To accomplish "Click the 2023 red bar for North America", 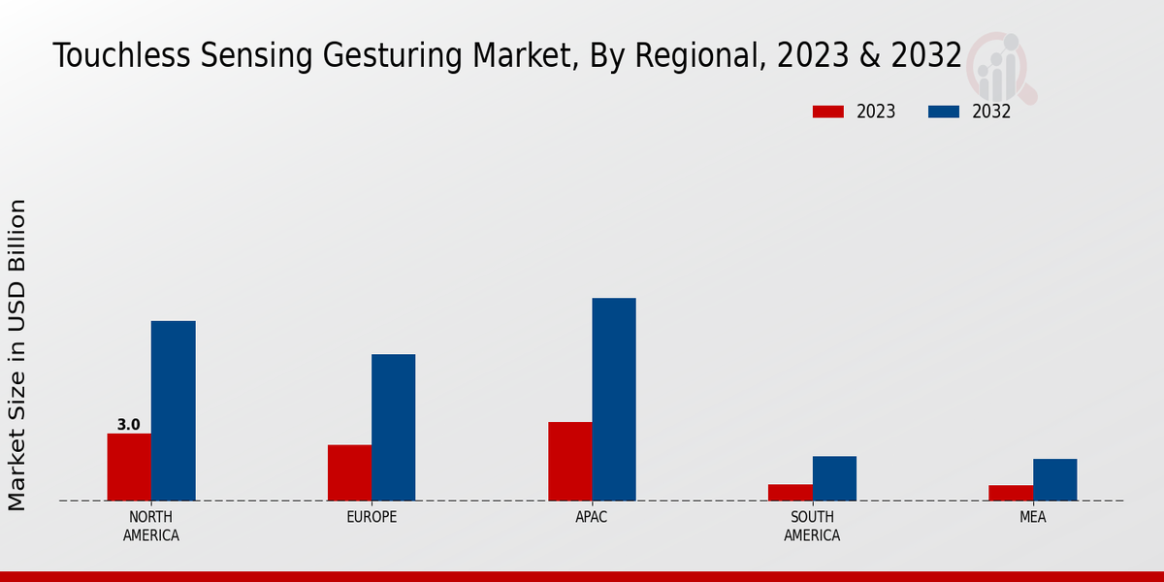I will [x=129, y=467].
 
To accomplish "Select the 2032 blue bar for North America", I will [x=173, y=410].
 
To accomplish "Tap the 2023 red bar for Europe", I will [x=349, y=472].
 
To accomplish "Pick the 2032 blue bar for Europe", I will [x=393, y=427].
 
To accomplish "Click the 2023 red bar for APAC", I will [x=569, y=461].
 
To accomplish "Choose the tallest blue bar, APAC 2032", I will [x=614, y=399].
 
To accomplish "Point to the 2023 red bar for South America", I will [x=790, y=492].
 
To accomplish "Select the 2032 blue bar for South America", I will [x=834, y=478].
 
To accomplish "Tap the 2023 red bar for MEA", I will [x=1010, y=493].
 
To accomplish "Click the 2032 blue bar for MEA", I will [x=1054, y=479].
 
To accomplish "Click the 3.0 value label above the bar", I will [x=128, y=425].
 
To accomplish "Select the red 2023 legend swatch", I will [x=827, y=112].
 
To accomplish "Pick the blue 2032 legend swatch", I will [x=943, y=112].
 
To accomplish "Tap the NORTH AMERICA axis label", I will [x=150, y=526].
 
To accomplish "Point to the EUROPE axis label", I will [x=372, y=517].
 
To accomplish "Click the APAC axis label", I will [x=592, y=517].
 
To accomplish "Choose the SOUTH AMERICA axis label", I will [x=812, y=526].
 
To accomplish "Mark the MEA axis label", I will [x=1032, y=517].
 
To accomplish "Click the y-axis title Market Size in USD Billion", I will [x=17, y=354].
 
